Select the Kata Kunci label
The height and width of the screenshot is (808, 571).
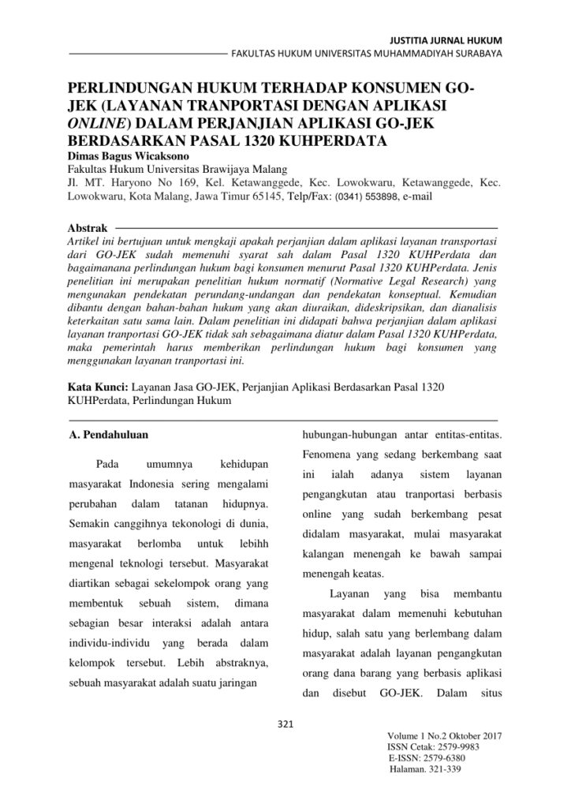pyautogui.click(x=94, y=387)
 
